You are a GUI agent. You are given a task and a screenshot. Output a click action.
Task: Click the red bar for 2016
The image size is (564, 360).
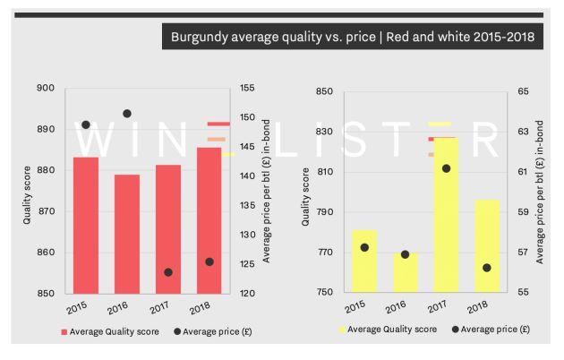coord(127,234)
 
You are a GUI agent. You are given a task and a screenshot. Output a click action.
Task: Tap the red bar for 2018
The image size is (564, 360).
coord(209,220)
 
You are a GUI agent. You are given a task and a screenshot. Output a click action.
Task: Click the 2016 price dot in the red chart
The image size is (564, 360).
coord(127,114)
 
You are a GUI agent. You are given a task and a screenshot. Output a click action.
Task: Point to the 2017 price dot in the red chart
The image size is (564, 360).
coord(168,272)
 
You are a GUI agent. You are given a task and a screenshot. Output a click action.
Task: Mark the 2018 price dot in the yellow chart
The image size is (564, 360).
coord(487,268)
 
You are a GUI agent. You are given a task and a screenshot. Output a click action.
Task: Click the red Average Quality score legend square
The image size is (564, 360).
coord(64,331)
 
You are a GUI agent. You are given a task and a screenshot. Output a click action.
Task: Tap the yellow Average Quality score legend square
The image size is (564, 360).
coord(343,330)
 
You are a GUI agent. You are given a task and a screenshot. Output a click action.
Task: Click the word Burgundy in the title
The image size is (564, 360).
coord(202,38)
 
